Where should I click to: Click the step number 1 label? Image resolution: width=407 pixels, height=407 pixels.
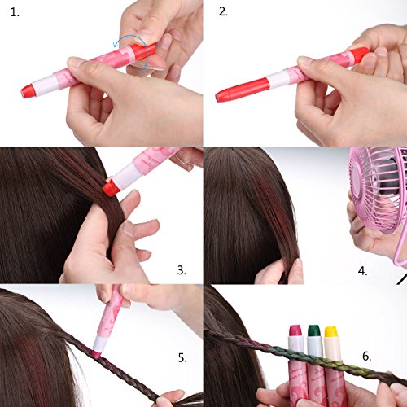point(15,12)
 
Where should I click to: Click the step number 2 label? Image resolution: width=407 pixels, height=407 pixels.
point(223,11)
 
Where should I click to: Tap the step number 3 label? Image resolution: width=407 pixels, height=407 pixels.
point(182,270)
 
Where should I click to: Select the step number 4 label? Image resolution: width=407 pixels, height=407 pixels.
point(362,271)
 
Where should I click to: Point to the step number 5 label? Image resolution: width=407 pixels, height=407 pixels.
point(182,358)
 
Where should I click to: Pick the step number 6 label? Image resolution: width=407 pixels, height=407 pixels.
point(366,356)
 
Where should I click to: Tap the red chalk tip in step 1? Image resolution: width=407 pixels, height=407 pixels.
point(28,91)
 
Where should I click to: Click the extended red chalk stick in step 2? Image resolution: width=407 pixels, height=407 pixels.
point(243,90)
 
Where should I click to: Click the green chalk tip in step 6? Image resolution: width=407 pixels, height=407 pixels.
point(313,331)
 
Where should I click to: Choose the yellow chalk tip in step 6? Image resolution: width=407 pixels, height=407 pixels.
point(331,331)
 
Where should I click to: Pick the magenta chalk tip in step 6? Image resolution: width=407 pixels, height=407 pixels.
point(295,331)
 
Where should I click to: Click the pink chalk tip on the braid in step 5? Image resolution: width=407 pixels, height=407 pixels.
point(96,352)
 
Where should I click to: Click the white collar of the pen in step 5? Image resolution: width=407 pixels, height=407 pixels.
point(98,344)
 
